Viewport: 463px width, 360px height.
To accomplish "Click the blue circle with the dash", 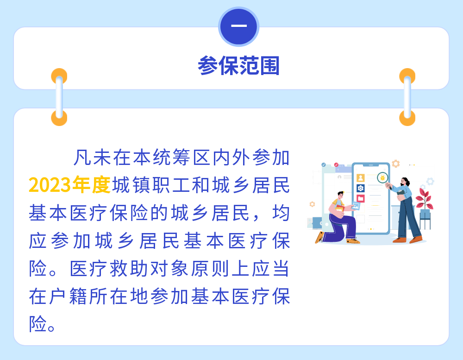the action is [x=238, y=26].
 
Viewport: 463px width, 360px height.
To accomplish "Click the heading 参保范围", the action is [x=238, y=65].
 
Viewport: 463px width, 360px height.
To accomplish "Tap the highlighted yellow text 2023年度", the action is [x=70, y=185].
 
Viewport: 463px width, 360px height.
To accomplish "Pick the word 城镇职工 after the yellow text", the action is [x=151, y=185].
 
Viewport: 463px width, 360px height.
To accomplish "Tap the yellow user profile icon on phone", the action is [x=361, y=177].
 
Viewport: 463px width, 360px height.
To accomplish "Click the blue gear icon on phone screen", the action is [x=361, y=188].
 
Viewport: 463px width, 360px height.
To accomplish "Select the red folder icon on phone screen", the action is [x=361, y=198].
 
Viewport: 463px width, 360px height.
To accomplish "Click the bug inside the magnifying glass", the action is [x=382, y=177].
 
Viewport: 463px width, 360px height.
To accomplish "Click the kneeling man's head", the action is [x=341, y=195].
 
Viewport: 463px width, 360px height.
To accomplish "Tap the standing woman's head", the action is [x=404, y=181].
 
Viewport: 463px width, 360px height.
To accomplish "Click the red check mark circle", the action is [x=336, y=164].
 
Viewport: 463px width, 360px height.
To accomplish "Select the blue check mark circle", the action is [x=324, y=164].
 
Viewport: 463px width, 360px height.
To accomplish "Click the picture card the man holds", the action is [x=356, y=206].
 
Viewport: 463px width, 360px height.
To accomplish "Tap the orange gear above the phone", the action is [x=396, y=164].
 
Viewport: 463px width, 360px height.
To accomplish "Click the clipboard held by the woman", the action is [x=400, y=192].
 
